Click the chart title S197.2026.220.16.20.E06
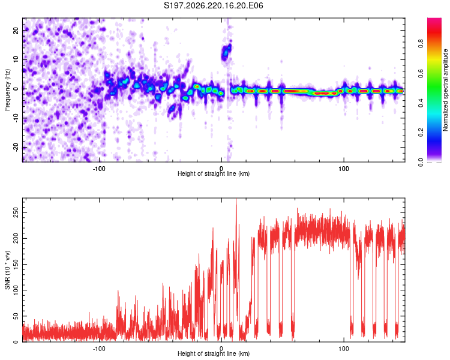213,5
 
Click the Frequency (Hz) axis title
7,90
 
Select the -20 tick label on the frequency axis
16,147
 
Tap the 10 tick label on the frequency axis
16,59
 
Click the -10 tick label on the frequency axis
16,118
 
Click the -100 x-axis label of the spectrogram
99,169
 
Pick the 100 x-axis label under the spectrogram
344,169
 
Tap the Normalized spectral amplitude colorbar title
445,90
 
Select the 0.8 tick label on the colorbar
421,44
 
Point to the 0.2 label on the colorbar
421,133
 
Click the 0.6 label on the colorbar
421,73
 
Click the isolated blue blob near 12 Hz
226,52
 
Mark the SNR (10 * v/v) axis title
7,270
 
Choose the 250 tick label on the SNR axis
16,213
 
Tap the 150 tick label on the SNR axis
16,265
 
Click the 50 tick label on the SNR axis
16,316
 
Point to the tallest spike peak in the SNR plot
236,199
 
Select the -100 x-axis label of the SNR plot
99,349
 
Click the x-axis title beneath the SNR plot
214,353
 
